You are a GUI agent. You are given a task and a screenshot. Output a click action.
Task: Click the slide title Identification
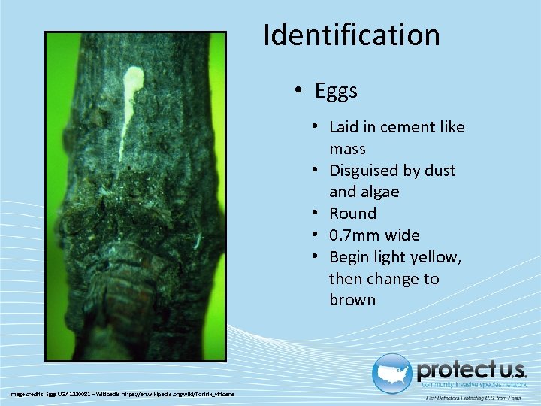(x=351, y=35)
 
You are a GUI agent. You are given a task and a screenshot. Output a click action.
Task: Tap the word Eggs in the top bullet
(x=336, y=92)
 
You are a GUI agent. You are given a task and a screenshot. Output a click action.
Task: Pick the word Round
(x=352, y=214)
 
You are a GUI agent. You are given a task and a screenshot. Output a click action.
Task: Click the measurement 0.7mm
(x=356, y=235)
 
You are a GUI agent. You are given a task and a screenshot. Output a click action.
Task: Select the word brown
(x=352, y=300)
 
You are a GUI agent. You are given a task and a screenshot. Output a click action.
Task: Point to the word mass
(x=347, y=149)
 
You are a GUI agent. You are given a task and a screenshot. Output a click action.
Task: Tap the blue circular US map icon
(x=391, y=373)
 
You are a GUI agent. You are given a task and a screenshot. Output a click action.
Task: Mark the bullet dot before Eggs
(x=298, y=92)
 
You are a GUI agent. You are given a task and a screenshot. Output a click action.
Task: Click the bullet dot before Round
(x=319, y=214)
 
